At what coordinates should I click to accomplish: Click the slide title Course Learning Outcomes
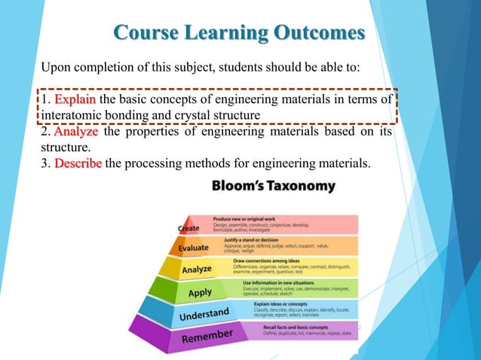[x=238, y=33]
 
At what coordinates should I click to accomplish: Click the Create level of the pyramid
[x=189, y=227]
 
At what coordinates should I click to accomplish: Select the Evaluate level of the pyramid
[x=193, y=248]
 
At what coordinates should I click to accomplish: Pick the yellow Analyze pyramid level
[x=198, y=269]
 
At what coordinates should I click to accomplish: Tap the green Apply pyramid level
[x=201, y=292]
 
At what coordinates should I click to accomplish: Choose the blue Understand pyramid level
[x=204, y=313]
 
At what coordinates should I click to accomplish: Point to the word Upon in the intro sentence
[x=54, y=67]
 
